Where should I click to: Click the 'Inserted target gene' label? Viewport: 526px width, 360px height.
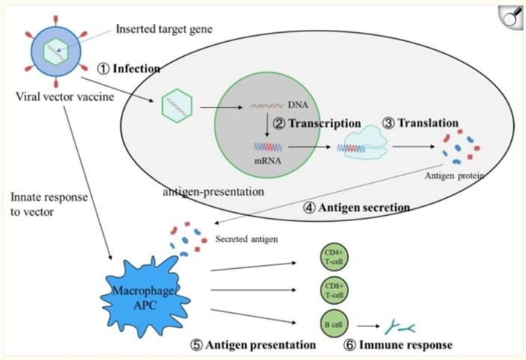point(162,30)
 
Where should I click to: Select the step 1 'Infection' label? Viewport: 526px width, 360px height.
point(129,69)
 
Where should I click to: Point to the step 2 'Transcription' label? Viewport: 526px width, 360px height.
point(316,123)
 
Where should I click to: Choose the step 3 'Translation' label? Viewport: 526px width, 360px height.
point(420,122)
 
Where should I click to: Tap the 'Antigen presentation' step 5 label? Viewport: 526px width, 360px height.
point(252,345)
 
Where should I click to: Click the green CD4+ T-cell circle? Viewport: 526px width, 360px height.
point(333,258)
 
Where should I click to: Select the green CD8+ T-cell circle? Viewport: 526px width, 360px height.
point(333,291)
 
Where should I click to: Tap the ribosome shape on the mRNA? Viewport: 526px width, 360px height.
point(363,147)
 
